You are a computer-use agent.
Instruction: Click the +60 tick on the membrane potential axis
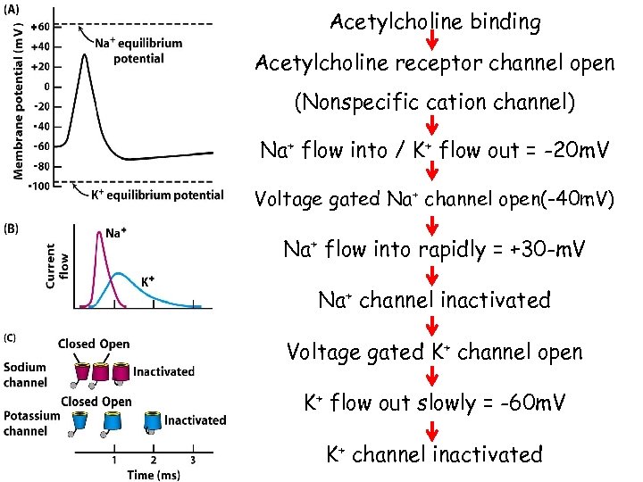coord(42,27)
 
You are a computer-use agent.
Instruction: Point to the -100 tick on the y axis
coord(39,185)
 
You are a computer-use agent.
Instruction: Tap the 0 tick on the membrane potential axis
coord(46,87)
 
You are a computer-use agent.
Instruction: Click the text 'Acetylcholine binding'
coord(435,22)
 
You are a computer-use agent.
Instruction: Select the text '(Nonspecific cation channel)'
coord(435,104)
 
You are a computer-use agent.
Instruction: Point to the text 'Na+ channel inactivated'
coord(435,301)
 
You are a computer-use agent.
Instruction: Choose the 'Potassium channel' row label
coord(30,423)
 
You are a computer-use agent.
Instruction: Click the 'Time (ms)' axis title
coord(154,474)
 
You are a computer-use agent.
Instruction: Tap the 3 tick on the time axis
coord(193,459)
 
